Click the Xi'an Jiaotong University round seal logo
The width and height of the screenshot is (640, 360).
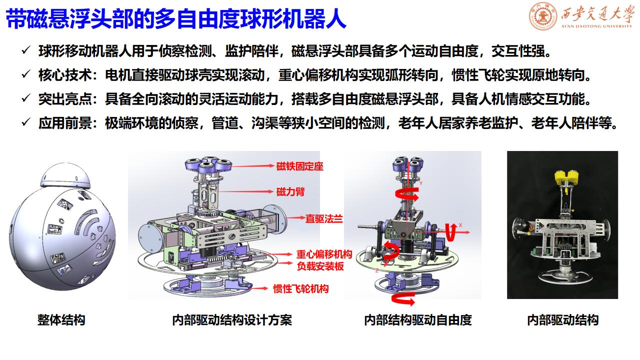[543, 16]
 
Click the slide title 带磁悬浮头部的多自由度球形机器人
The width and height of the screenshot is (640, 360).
[176, 18]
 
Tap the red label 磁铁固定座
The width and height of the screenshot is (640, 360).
[299, 166]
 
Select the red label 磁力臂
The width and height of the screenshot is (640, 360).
[290, 191]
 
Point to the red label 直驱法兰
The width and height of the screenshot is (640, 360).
[324, 219]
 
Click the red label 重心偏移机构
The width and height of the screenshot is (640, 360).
[324, 254]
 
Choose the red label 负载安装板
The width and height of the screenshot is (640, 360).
[320, 266]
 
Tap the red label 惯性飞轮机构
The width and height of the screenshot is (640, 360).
[301, 289]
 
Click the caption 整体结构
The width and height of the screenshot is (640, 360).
[61, 320]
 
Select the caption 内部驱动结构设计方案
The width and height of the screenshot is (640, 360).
[232, 320]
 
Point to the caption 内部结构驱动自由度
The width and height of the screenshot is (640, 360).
[418, 320]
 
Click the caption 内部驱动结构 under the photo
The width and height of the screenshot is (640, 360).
[563, 320]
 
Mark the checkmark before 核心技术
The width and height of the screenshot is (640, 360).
[26, 74]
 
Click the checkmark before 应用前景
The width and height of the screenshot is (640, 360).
[26, 122]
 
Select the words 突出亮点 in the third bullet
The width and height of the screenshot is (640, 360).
[65, 99]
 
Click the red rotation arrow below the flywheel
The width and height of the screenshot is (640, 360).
[403, 300]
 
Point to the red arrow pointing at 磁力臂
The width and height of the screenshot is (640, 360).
[245, 191]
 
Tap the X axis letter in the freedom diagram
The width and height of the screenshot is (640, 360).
[460, 225]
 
